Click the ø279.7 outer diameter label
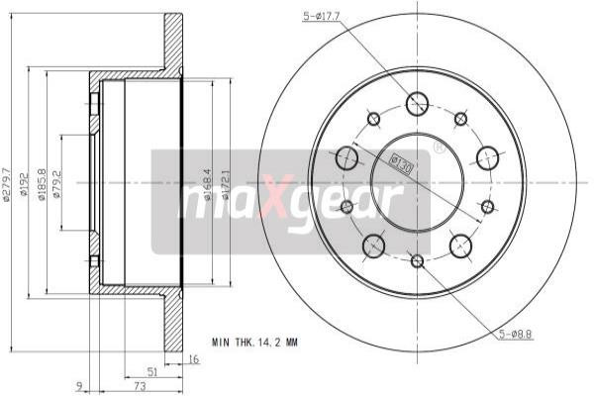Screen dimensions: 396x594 click(7, 184)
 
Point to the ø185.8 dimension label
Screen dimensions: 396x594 click(42, 184)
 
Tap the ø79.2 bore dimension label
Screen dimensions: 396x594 click(58, 184)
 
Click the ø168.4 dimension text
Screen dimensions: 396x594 click(209, 184)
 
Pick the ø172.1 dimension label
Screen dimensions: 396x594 click(227, 184)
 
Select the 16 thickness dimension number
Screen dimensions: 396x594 click(194, 359)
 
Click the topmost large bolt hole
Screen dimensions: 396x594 click(417, 102)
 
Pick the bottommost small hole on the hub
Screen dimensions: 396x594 click(417, 260)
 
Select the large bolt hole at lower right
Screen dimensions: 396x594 click(460, 245)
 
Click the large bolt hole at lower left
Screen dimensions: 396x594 click(373, 245)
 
